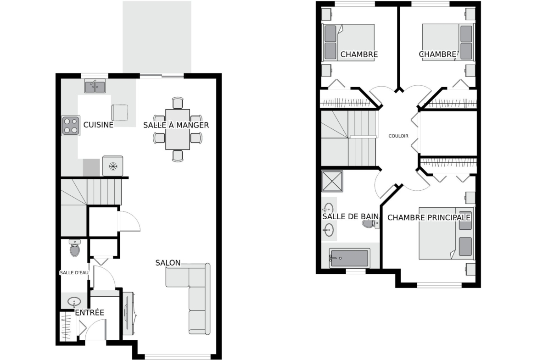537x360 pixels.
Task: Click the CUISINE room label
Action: coord(98,125)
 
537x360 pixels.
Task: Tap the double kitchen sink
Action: coord(95,86)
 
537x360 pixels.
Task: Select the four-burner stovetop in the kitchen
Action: coord(71,126)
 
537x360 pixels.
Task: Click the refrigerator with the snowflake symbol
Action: coord(112,166)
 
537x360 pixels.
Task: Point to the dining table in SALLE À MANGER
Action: coord(178,129)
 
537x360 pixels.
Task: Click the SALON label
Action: coord(168,263)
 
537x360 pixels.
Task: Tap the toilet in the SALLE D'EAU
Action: coord(75,248)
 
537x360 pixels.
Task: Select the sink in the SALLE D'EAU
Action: coord(74,302)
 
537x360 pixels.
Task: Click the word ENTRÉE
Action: coord(89,312)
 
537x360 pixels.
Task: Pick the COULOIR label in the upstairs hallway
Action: coord(398,136)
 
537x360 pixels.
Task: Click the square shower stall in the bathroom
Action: coord(332,181)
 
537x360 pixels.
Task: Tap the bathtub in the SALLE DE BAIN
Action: coord(349,258)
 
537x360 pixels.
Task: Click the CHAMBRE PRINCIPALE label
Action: coord(429,218)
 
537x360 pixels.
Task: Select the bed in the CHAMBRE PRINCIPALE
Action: coord(447,233)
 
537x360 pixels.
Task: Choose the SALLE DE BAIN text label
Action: coord(350,216)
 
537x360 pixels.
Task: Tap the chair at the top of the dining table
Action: coord(178,103)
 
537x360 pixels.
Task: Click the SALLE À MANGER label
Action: coord(176,125)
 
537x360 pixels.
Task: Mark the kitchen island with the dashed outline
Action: coord(120,112)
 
